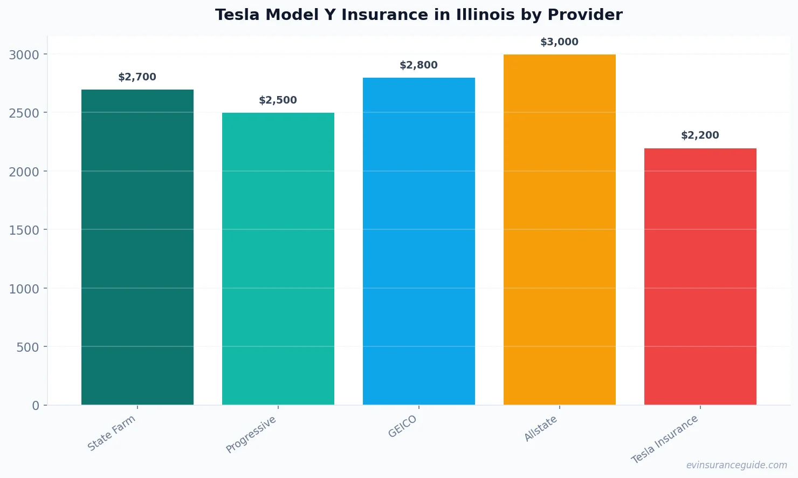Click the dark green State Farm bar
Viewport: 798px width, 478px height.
[x=137, y=247]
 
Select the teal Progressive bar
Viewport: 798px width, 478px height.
[x=278, y=259]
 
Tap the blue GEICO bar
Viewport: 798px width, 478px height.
[x=418, y=241]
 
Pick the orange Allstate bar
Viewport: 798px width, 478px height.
[x=559, y=229]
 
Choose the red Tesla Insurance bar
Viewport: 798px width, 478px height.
[x=700, y=276]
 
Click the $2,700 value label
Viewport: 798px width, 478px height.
[x=137, y=77]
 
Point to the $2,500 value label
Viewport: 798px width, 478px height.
[x=278, y=100]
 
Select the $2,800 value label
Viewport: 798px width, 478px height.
[x=418, y=65]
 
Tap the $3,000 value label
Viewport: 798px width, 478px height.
[x=559, y=42]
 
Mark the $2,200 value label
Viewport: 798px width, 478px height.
[x=700, y=135]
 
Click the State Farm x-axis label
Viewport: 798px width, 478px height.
[x=112, y=433]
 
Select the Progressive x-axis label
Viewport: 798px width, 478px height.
[x=251, y=434]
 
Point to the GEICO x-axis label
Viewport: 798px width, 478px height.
[x=403, y=427]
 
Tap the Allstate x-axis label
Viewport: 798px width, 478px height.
[x=541, y=429]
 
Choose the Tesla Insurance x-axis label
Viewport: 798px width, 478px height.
[x=665, y=439]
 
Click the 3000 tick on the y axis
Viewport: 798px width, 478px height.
[x=24, y=54]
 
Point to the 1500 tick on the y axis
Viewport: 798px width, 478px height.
[x=24, y=230]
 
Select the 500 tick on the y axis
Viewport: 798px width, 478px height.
[x=27, y=347]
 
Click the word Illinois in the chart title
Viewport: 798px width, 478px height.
[x=485, y=15]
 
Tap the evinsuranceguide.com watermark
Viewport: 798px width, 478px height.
[x=737, y=465]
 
